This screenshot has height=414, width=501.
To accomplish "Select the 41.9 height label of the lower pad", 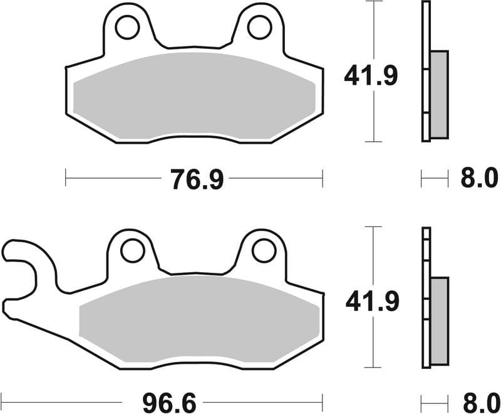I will click(371, 303).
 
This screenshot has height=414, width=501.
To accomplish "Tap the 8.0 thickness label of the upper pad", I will click(478, 179).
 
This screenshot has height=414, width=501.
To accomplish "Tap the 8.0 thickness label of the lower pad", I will click(478, 400).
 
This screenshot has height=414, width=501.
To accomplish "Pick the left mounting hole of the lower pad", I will click(132, 251).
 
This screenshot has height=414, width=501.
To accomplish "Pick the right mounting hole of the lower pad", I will click(264, 251).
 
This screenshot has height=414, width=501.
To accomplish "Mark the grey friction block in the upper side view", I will click(440, 94).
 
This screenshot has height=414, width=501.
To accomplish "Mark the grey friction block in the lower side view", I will click(440, 321).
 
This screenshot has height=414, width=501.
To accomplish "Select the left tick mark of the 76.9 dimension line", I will click(66, 178).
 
